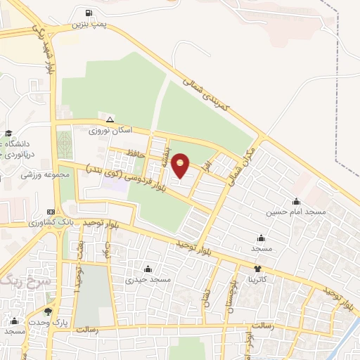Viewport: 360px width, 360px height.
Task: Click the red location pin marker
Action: tap(181, 165)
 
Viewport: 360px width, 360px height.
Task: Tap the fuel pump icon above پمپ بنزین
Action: tap(88, 13)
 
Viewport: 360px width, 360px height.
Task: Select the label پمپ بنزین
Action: tap(88, 24)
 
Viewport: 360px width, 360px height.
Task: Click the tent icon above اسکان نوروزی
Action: tap(110, 119)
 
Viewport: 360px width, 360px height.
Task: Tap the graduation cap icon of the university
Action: tap(8, 134)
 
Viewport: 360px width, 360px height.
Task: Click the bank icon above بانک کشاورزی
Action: tap(50, 211)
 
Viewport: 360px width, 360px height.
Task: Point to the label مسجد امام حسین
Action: tap(296, 212)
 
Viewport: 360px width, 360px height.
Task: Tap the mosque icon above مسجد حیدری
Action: tap(148, 269)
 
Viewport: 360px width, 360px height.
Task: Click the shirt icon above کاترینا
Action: tap(257, 268)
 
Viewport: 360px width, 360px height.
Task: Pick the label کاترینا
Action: tap(257, 278)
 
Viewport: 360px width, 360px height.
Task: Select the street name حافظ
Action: tap(136, 153)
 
